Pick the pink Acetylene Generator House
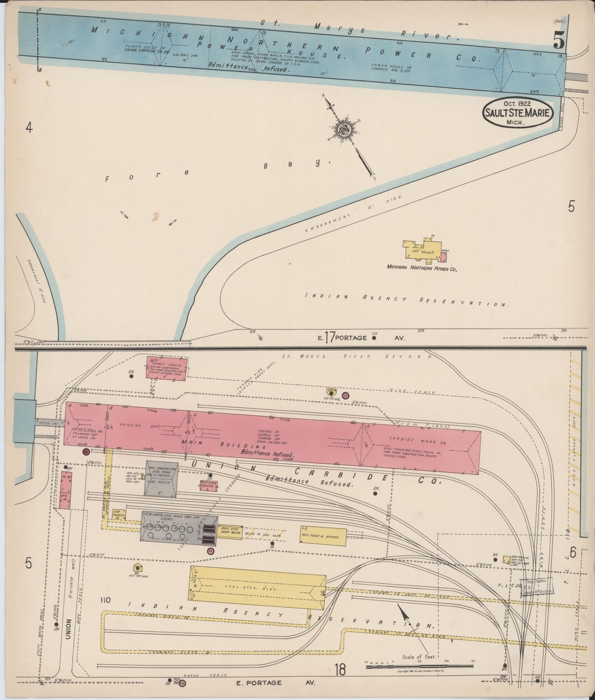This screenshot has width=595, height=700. (x=209, y=486)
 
